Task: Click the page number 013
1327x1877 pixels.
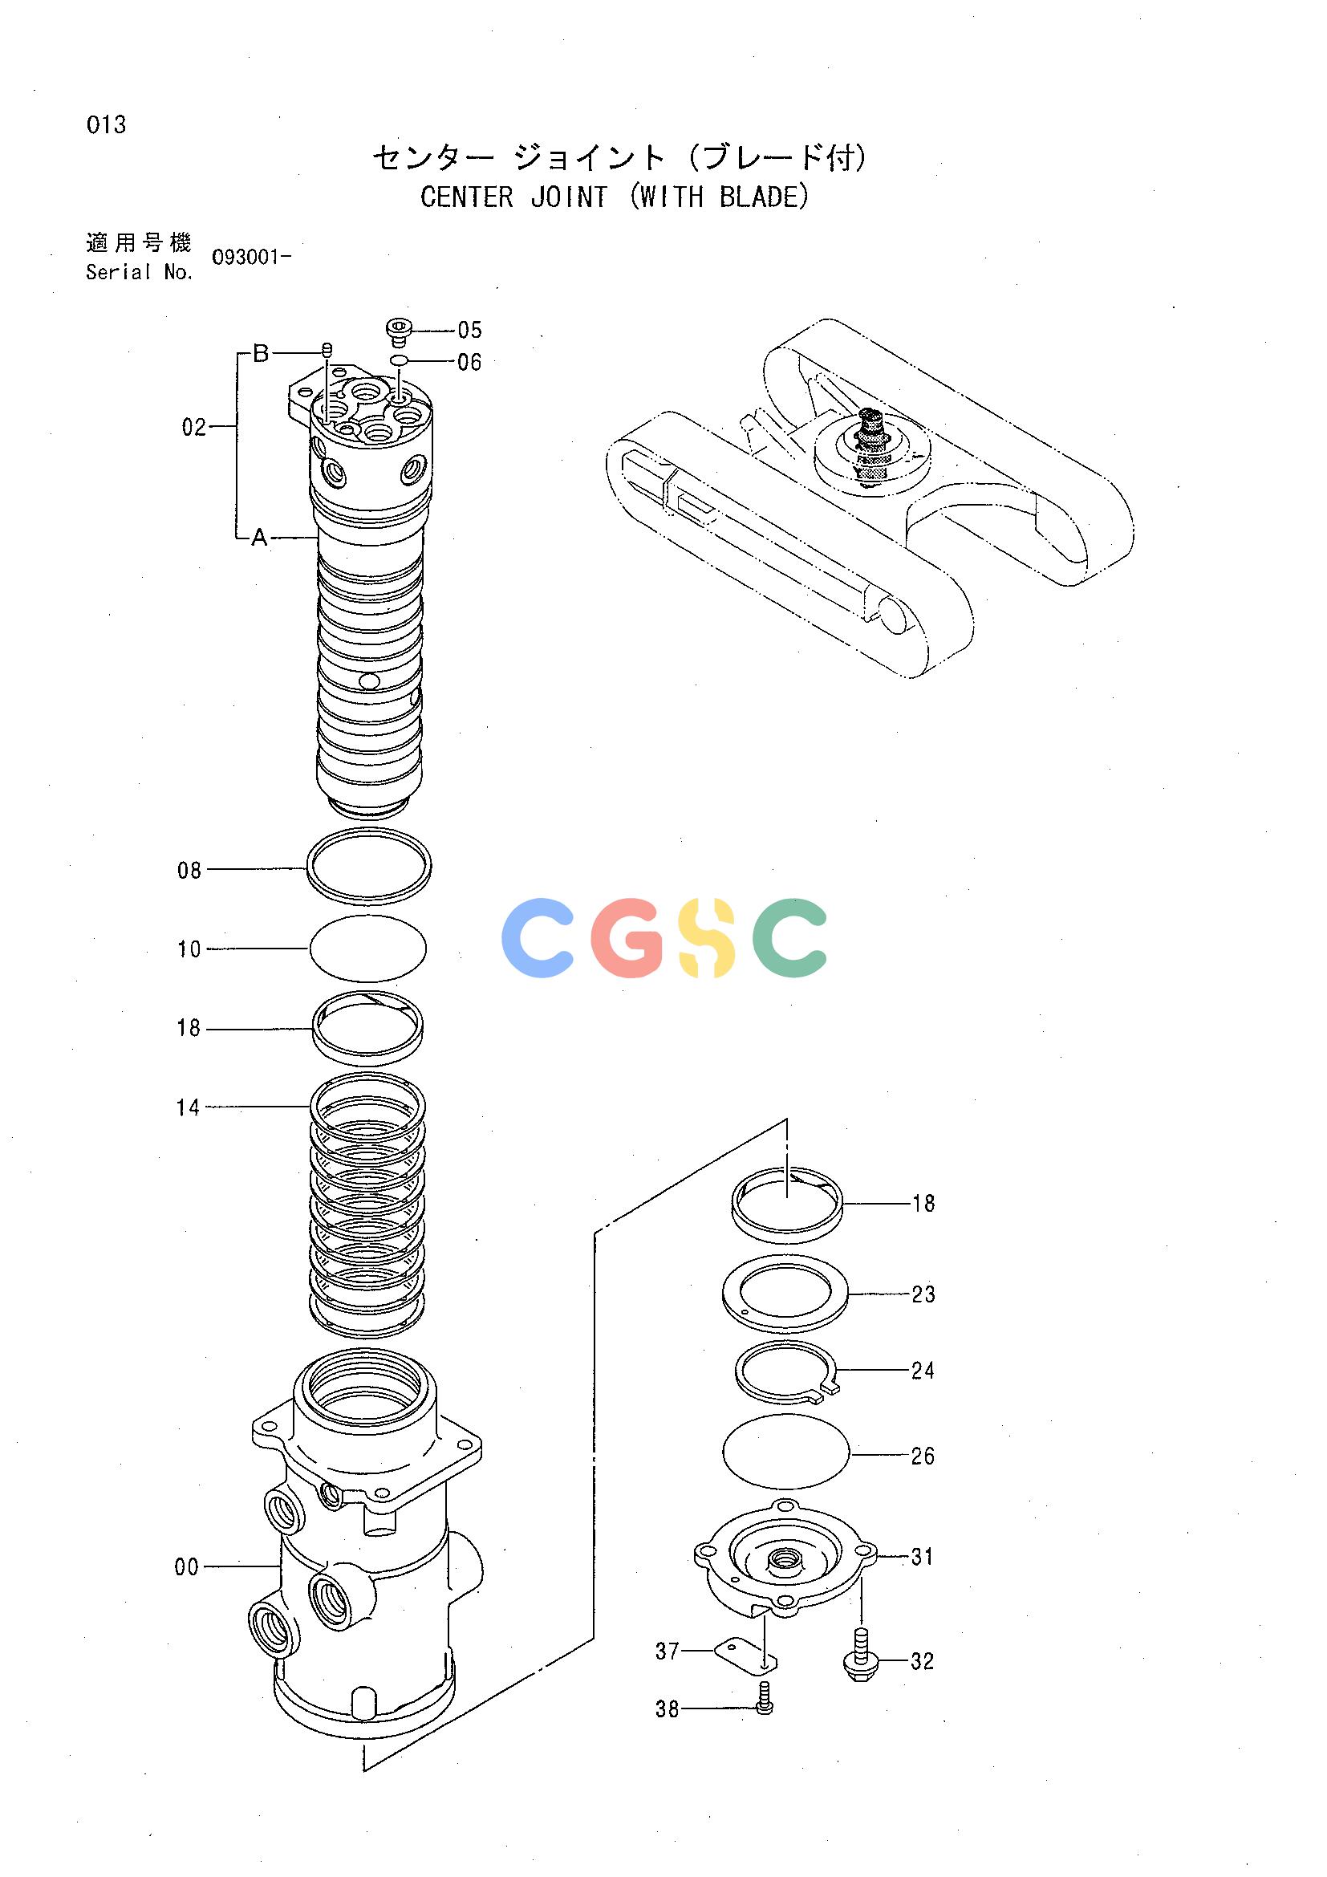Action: tap(106, 125)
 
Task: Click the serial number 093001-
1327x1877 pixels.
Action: tap(252, 258)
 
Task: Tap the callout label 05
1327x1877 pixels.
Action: tap(470, 331)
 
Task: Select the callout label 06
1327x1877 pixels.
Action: tap(470, 362)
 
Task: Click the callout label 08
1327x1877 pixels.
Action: tap(189, 871)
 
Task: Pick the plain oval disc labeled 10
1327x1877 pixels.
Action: tap(368, 948)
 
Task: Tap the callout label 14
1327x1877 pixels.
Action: tap(188, 1107)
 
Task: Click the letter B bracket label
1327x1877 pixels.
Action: tap(261, 353)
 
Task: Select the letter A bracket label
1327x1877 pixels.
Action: tap(259, 538)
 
